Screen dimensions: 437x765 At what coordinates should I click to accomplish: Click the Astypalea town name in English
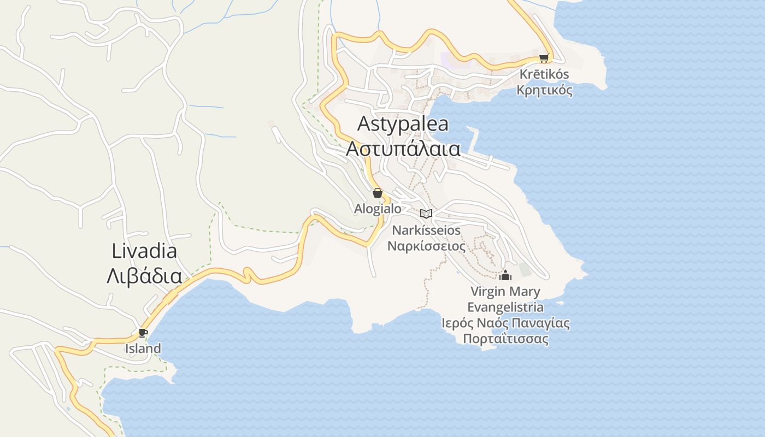tap(403, 124)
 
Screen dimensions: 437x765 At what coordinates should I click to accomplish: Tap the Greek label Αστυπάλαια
tap(403, 149)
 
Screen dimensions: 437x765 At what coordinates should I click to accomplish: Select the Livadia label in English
tap(144, 251)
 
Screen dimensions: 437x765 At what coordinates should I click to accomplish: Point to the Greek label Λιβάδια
tap(144, 276)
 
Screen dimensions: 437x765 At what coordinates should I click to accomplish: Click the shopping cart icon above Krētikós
tap(543, 58)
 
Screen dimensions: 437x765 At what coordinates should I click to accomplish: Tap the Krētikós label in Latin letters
tap(544, 74)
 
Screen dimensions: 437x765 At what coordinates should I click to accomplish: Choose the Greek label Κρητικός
tap(544, 90)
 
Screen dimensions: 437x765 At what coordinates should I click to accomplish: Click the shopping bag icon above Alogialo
tap(377, 192)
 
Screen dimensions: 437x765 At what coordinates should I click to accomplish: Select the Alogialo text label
tap(378, 209)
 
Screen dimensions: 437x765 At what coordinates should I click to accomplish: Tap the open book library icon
tap(426, 214)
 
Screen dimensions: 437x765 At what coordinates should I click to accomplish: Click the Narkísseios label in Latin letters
tap(426, 231)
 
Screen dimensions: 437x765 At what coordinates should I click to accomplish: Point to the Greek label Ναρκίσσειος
tap(426, 246)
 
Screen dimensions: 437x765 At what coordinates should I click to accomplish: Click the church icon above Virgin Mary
tap(505, 275)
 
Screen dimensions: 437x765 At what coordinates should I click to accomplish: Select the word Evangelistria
tap(505, 307)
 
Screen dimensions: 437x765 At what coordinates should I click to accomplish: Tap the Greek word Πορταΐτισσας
tap(505, 339)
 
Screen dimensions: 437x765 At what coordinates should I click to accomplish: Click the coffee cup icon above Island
tap(143, 333)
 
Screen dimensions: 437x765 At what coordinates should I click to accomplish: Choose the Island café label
tap(143, 349)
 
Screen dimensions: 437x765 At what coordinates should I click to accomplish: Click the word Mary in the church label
tap(525, 292)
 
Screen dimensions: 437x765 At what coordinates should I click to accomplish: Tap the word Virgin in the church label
tap(489, 292)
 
